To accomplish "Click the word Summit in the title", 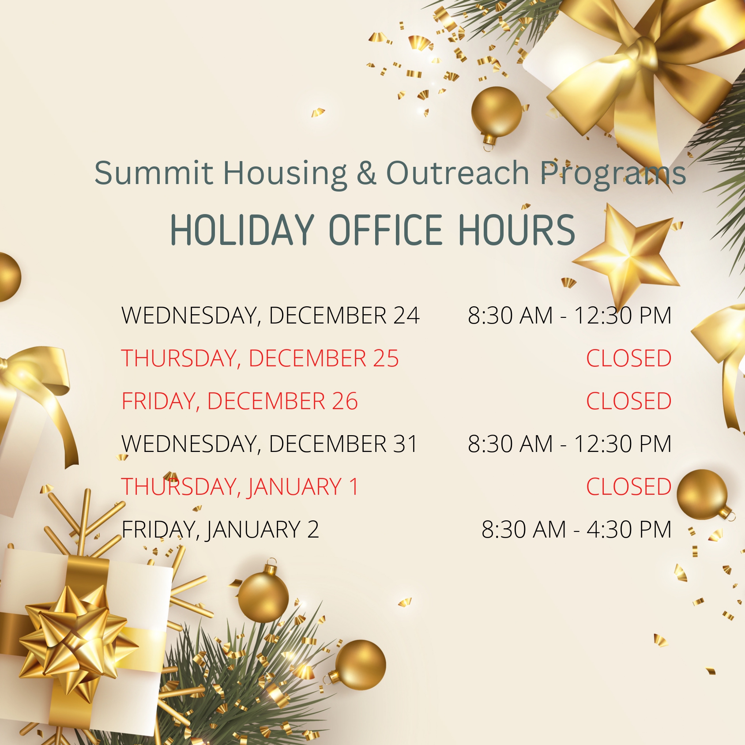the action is (154, 173).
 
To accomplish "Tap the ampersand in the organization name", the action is (366, 173).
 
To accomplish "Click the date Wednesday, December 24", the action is (271, 315).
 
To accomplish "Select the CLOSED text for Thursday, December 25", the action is (628, 358).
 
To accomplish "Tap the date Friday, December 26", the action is (240, 401).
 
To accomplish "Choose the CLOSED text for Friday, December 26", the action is (628, 401).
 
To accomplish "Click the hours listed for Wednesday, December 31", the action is (569, 444).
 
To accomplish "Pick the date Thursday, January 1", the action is (240, 486).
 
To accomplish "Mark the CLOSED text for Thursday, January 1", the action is (628, 486).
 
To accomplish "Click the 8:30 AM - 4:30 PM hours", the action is (576, 529).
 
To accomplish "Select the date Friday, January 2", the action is (220, 529).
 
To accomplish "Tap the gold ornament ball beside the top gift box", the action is (496, 113).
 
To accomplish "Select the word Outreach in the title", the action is (458, 173).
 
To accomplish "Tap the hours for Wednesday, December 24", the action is (569, 315).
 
